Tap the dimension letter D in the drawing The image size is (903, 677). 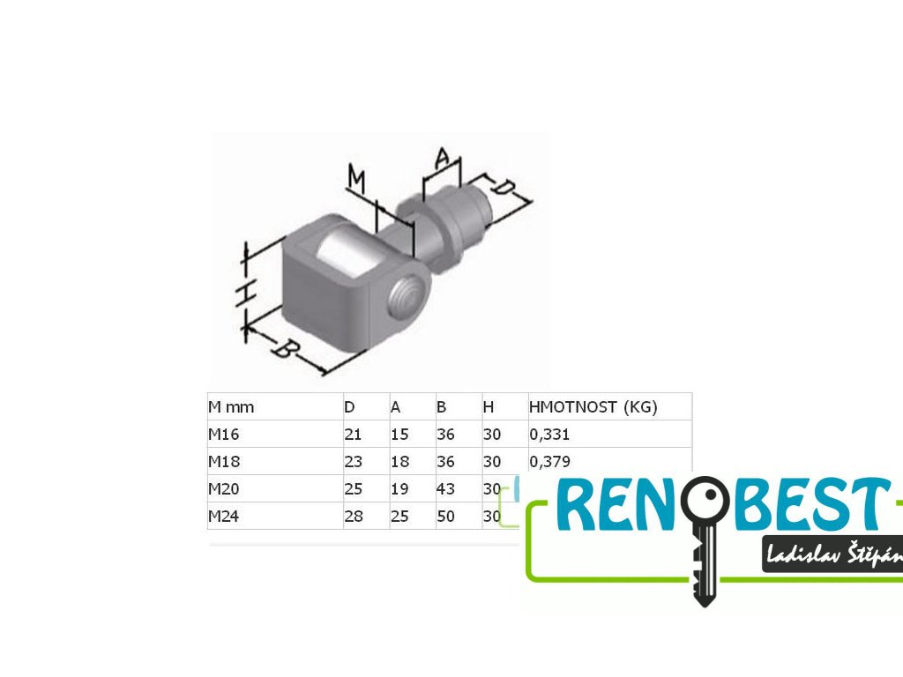click(504, 188)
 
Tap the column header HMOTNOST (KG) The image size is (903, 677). click(593, 407)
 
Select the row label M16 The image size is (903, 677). click(224, 435)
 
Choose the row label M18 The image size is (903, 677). click(224, 462)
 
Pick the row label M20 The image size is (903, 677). click(224, 489)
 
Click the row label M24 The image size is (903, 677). click(224, 517)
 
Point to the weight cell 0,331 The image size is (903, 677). click(549, 435)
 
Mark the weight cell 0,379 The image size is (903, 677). click(549, 462)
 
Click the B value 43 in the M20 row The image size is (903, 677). click(445, 489)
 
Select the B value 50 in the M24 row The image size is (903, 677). click(445, 517)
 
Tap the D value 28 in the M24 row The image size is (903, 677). click(354, 517)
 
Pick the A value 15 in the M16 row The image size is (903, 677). click(399, 435)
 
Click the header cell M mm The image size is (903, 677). click(231, 407)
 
